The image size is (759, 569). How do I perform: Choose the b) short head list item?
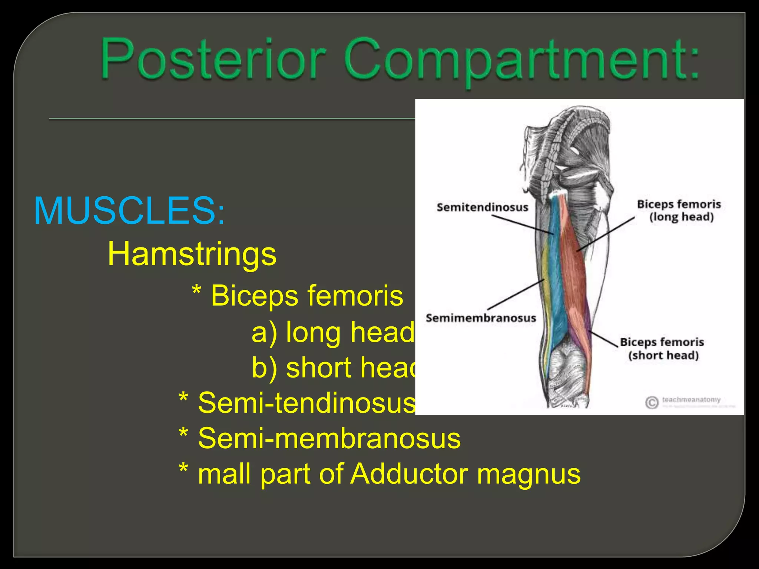334,367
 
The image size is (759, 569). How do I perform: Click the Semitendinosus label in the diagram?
482,207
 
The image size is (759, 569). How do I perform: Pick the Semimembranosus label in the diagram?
481,318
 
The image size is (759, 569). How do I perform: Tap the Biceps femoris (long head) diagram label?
679,210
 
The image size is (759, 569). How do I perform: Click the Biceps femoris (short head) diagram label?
662,348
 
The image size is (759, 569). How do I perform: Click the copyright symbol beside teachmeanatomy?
651,402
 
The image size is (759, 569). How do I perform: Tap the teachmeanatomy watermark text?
691,400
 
